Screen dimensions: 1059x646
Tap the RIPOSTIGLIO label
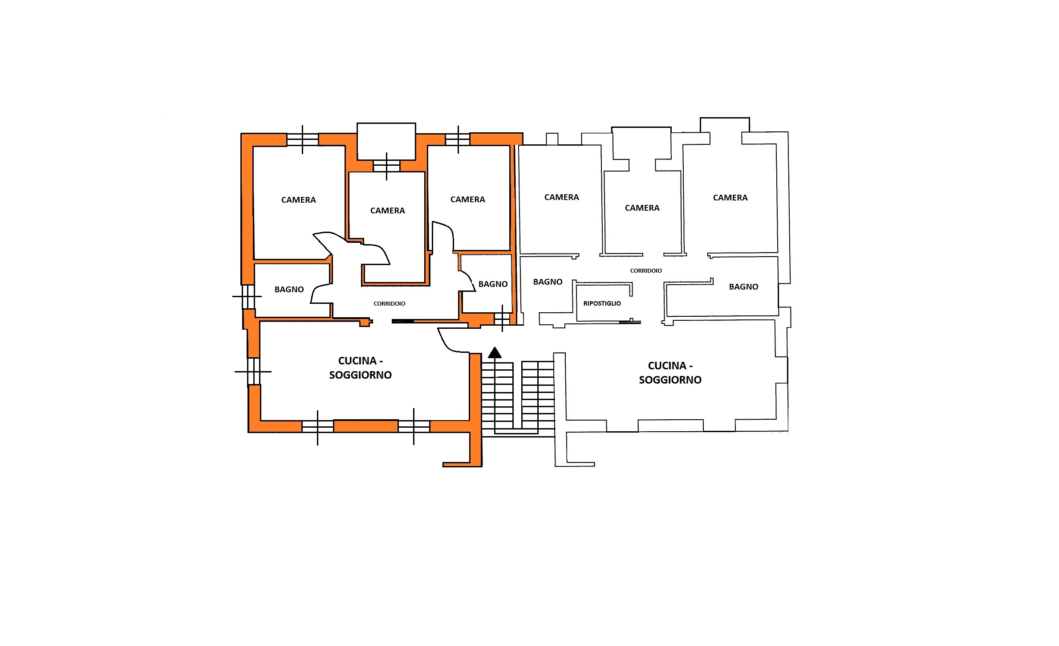[x=602, y=303]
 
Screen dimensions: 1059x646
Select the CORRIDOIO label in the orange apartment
[x=390, y=304]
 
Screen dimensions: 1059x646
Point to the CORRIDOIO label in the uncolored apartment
[x=646, y=270]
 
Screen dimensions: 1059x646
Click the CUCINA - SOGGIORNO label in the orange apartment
[x=361, y=368]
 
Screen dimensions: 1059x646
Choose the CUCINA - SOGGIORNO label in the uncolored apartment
[x=670, y=373]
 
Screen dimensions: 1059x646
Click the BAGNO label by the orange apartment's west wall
[x=289, y=290]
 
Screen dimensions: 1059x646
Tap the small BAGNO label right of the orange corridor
[x=493, y=284]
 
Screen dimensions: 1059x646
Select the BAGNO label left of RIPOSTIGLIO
[x=548, y=282]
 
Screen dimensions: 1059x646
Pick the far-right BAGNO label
[x=744, y=287]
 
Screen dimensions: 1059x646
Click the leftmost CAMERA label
[x=299, y=200]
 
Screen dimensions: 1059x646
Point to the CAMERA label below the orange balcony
[x=388, y=211]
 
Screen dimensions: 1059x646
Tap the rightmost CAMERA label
[x=730, y=198]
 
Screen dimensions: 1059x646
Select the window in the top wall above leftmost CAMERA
[x=303, y=140]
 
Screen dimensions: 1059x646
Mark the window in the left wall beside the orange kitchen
[x=253, y=371]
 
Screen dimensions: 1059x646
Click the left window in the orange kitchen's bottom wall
[x=317, y=426]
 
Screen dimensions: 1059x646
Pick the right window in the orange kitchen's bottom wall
[x=414, y=426]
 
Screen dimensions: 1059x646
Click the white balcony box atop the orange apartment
[x=386, y=141]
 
